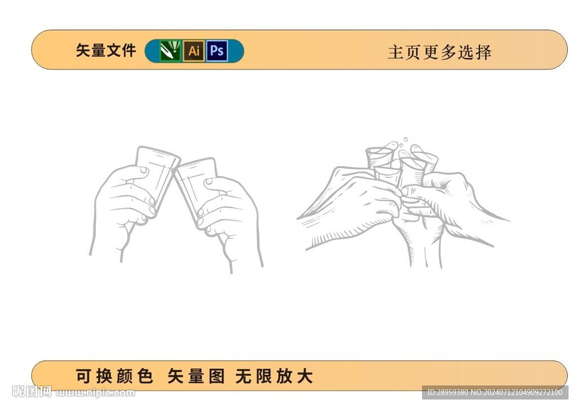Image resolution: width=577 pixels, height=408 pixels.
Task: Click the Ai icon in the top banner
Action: click(194, 51)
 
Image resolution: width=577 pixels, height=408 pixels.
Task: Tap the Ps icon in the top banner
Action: click(217, 51)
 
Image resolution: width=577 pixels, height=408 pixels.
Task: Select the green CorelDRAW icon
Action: click(170, 51)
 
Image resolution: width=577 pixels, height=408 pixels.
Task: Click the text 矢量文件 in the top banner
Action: click(106, 50)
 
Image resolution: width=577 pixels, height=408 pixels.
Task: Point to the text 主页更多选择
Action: click(440, 52)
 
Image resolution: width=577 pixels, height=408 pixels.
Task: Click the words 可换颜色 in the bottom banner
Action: click(114, 376)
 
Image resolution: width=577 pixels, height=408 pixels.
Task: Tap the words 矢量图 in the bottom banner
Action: click(196, 376)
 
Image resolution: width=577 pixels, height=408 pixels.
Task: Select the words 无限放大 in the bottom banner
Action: click(274, 376)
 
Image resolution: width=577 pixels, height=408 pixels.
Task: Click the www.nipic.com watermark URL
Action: click(95, 393)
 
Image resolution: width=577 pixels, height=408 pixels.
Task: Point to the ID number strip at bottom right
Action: click(495, 393)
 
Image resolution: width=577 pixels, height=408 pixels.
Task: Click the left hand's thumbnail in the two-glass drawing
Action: click(144, 170)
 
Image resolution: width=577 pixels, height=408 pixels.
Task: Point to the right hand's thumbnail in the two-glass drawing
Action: click(208, 181)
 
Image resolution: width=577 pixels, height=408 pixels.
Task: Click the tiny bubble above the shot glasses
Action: click(406, 139)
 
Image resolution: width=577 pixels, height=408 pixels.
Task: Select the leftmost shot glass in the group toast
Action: click(378, 158)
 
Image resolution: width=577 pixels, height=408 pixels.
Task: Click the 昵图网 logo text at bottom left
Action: click(32, 392)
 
